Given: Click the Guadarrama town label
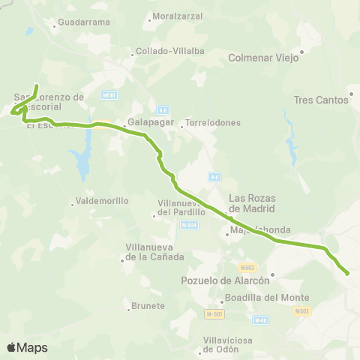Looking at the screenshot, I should (x=83, y=22).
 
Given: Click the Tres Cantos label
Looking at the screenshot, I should (x=321, y=100).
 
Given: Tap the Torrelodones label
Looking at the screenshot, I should (x=213, y=122).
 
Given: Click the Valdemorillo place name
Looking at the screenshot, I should (x=102, y=201).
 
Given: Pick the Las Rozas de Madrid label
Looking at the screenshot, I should (x=252, y=203).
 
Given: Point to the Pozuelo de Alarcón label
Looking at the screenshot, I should (x=225, y=280).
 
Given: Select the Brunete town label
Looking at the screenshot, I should (x=148, y=306).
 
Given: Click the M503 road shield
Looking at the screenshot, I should (x=247, y=267).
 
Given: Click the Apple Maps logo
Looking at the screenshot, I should (x=27, y=347).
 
